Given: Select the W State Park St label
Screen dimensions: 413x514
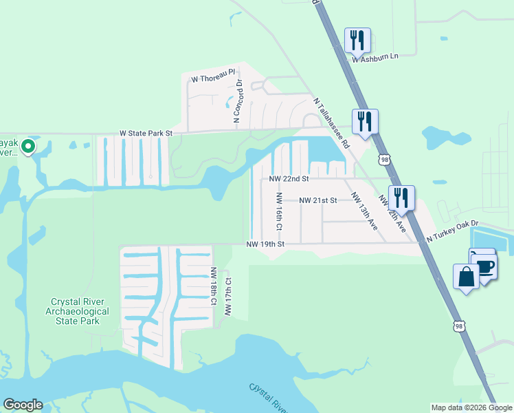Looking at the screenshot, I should point(145,132).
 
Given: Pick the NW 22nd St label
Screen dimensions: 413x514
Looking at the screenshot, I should point(289,178).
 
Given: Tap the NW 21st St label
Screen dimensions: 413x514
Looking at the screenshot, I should point(317,200).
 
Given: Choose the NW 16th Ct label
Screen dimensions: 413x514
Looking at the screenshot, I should point(280,211).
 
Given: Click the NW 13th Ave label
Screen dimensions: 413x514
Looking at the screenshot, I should point(364,211).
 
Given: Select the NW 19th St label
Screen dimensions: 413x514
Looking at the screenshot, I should point(265,244).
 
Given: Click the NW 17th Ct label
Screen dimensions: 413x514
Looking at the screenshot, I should point(227,297).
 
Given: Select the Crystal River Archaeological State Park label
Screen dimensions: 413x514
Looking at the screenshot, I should point(80,311).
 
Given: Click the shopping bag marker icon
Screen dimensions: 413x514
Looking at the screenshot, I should point(466,277).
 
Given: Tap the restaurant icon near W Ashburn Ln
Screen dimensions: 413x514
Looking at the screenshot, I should point(357,41).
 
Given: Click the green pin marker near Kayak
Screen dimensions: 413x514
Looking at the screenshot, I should point(27,146).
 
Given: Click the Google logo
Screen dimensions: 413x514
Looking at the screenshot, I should point(23,405).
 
